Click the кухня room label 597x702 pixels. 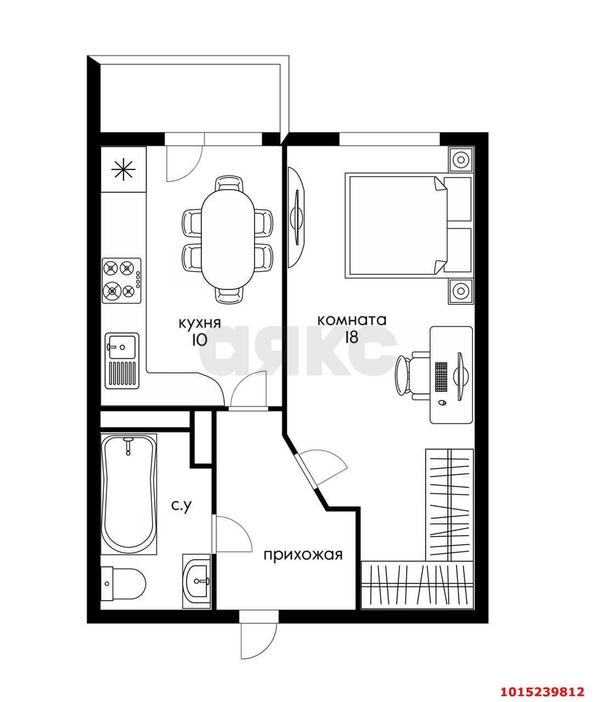point(200,323)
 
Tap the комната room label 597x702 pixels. point(352,320)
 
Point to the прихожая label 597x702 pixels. point(303,555)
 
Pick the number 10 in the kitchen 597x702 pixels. point(199,340)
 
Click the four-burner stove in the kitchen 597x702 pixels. point(122,281)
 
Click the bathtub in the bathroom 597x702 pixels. point(129,495)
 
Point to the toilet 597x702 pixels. point(123,584)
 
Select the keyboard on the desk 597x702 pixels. point(441,376)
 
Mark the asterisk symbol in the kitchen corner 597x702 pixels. point(123,169)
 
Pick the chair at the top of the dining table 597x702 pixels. point(230,184)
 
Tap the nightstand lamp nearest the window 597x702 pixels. point(461,159)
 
